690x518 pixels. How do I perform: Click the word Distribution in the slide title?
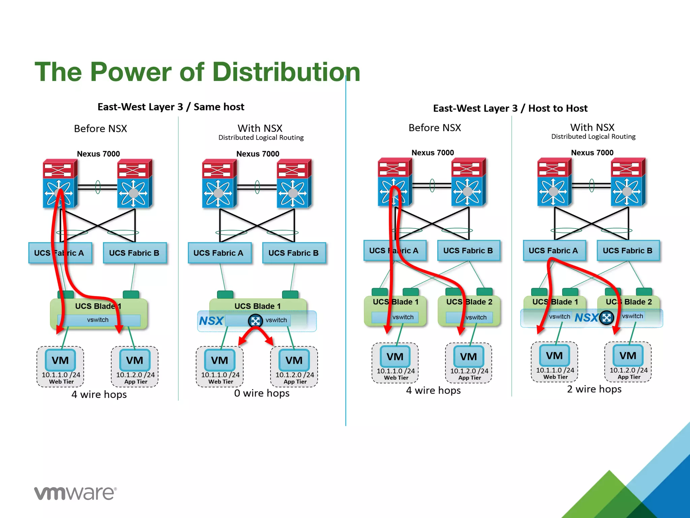tap(286, 72)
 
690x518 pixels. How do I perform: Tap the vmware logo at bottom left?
tap(75, 493)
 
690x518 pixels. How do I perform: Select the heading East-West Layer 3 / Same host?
tap(171, 107)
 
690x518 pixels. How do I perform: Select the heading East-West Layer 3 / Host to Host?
tap(510, 108)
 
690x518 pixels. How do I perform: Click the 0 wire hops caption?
tap(262, 393)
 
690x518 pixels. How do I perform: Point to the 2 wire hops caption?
tap(594, 389)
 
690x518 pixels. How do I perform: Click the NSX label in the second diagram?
tap(211, 321)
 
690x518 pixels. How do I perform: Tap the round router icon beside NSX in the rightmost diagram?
tap(606, 317)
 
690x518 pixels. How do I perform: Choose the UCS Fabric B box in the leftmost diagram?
tap(134, 253)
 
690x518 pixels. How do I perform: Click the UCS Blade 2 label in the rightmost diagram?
tap(629, 302)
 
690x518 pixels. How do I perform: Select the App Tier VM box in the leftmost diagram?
tap(135, 366)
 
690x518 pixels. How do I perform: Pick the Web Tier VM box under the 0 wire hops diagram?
tap(220, 366)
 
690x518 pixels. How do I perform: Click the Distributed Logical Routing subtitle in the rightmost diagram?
tap(593, 137)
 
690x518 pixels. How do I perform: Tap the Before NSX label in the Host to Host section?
tap(435, 128)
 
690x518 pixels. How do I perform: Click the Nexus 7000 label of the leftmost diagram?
tap(98, 154)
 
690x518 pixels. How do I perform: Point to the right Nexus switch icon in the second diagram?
tap(293, 184)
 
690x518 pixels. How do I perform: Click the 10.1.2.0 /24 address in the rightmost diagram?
tap(628, 370)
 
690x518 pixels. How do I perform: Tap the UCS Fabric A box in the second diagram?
tap(218, 253)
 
